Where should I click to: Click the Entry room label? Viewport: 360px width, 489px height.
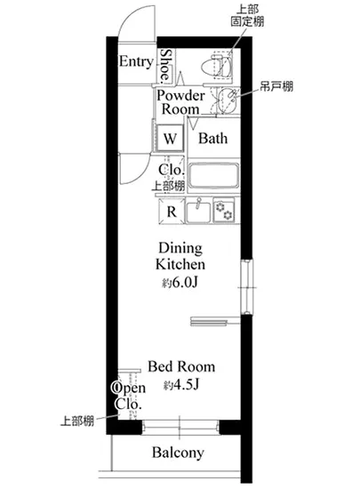click(x=136, y=62)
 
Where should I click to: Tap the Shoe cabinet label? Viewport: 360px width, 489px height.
click(x=167, y=64)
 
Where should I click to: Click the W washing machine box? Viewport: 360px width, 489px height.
click(x=170, y=139)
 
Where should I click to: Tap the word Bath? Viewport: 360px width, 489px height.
click(x=213, y=139)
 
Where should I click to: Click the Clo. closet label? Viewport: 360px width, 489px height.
click(x=171, y=171)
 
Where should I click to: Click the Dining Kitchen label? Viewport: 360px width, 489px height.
click(x=181, y=256)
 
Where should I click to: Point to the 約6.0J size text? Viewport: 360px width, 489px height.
click(x=181, y=284)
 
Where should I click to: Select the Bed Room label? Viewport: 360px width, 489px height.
click(x=181, y=366)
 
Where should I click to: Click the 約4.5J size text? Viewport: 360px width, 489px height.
click(x=181, y=386)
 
